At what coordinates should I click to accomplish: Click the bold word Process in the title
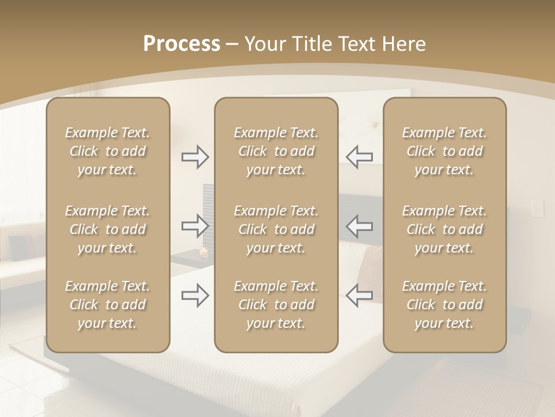pos(182,44)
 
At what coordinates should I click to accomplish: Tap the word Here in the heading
pos(404,44)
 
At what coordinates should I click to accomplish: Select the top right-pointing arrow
pos(195,157)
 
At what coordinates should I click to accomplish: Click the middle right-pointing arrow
pos(195,226)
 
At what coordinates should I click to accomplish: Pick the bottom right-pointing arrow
pos(195,295)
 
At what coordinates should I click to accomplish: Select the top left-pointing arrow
pos(360,157)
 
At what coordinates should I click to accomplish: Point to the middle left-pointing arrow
pos(360,226)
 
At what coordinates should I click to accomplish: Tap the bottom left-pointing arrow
pos(360,295)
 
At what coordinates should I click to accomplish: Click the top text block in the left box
pos(108,151)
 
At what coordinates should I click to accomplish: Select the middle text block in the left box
pos(108,229)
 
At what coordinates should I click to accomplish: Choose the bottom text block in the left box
pos(108,305)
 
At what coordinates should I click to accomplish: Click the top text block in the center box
pos(276,151)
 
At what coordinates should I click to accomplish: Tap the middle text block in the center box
pos(276,229)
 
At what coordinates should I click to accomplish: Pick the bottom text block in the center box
pos(276,305)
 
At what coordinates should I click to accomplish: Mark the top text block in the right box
pos(445,151)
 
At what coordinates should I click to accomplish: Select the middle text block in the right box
pos(445,229)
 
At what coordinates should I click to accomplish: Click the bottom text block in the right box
pos(445,305)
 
